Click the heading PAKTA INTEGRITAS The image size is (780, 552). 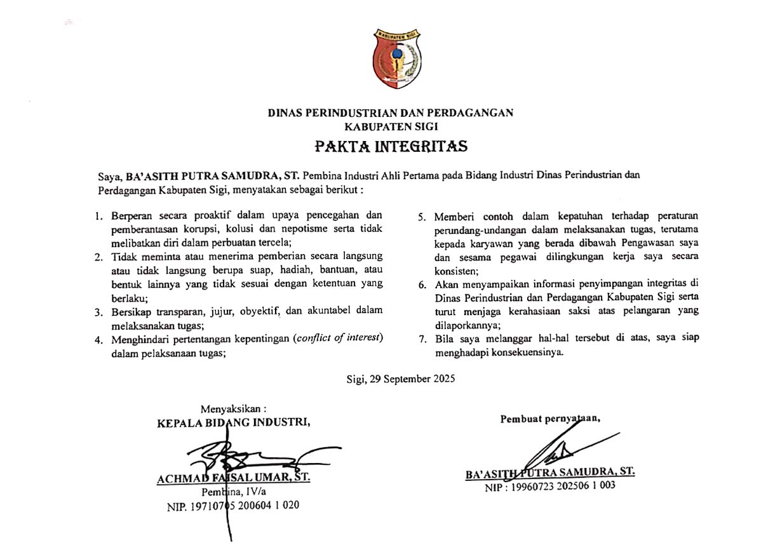[x=391, y=147]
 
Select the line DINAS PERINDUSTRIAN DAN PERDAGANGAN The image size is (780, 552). [x=390, y=113]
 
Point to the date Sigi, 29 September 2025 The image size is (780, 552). [x=401, y=379]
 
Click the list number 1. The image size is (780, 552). [x=98, y=216]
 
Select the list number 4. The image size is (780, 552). [x=98, y=340]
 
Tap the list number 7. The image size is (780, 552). [x=422, y=339]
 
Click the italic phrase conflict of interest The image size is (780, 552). [x=339, y=337]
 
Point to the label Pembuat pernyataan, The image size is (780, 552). [x=551, y=419]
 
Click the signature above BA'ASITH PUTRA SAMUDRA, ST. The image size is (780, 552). [x=556, y=448]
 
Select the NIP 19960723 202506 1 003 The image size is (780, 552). [x=550, y=487]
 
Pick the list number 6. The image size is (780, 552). [x=422, y=284]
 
